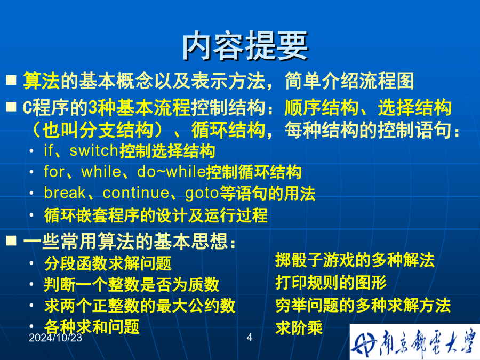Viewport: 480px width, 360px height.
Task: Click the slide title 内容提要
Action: coord(245,46)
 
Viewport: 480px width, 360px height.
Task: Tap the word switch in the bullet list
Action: coord(94,150)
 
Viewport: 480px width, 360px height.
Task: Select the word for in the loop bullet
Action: coord(54,171)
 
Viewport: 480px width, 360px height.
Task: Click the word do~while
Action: coord(171,171)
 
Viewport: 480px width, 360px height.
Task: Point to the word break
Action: coord(65,193)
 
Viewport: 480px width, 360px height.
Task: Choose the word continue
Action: coord(136,193)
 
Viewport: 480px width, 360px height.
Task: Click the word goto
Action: coord(202,194)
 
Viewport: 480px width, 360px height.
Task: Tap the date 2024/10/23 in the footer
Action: coord(55,338)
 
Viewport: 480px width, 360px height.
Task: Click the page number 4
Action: coord(250,338)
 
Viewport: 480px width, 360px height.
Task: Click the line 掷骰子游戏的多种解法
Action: coord(355,260)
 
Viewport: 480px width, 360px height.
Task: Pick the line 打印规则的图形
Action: coord(331,282)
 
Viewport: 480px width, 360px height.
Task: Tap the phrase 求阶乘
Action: coord(299,328)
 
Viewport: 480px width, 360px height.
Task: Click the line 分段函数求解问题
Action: coord(108,263)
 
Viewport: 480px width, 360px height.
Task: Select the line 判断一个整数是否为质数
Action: coord(132,284)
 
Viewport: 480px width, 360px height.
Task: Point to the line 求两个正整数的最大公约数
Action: coord(140,306)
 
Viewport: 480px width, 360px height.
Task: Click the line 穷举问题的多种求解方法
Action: coord(363,305)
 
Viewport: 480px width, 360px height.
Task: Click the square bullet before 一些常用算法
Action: coord(11,241)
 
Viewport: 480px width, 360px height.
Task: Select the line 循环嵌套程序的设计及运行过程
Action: coord(156,215)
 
